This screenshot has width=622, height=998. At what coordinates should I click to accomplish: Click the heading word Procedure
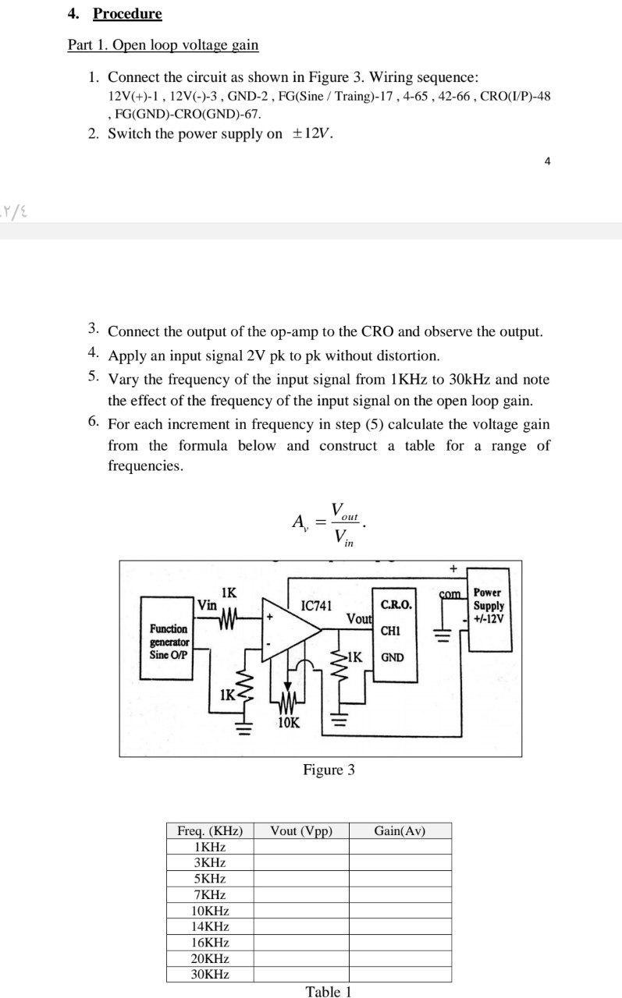[127, 14]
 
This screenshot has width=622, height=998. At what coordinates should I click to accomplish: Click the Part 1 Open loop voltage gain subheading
[162, 44]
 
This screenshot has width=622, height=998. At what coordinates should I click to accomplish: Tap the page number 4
[547, 161]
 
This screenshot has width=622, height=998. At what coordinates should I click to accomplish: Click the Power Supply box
[489, 609]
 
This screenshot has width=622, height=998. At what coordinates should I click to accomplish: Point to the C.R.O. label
[396, 605]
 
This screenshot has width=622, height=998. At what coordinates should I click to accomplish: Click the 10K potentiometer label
[288, 723]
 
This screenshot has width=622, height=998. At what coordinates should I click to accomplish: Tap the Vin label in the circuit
[207, 605]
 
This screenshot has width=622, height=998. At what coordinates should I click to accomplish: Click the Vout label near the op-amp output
[359, 618]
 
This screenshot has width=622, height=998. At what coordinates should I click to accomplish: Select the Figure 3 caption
[329, 770]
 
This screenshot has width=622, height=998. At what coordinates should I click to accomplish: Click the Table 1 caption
[329, 992]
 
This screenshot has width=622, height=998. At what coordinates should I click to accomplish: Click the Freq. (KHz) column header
[210, 830]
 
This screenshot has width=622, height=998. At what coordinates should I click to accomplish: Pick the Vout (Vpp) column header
[301, 830]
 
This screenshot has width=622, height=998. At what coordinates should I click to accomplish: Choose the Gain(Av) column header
[400, 830]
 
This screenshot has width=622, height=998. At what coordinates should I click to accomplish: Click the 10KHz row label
[210, 911]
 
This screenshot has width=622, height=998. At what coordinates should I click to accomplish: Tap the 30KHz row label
[210, 975]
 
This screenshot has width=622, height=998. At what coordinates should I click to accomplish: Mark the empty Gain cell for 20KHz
[400, 958]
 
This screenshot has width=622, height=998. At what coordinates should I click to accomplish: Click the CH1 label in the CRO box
[391, 630]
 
